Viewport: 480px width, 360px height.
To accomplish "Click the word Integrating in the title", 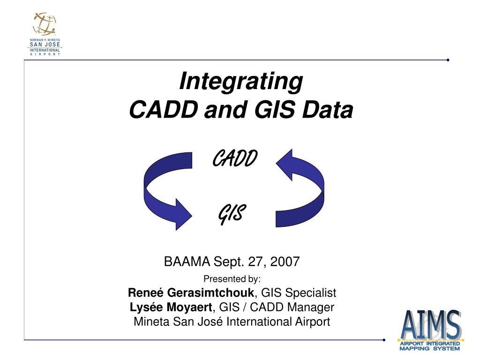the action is (241, 82).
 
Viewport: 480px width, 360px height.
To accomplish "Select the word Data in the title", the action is (328, 110).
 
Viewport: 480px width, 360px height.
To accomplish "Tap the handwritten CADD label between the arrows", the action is (235, 158).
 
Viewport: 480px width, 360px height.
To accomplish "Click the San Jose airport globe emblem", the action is (45, 24).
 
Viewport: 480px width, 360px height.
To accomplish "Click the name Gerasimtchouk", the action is (210, 292).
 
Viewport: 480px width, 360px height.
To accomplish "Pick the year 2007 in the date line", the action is (285, 262).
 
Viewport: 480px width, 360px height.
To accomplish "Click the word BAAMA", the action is (187, 262).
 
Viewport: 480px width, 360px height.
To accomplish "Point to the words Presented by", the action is (232, 279).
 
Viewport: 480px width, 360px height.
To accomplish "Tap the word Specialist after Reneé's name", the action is (311, 293).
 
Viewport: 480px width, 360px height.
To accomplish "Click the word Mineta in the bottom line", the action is (152, 322).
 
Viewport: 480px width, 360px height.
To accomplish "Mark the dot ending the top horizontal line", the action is (448, 60).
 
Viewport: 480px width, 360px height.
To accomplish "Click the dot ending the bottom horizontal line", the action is (384, 340).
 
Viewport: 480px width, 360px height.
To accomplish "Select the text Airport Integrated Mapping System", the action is (430, 346).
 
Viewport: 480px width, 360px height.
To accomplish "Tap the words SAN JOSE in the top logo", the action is (45, 45).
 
